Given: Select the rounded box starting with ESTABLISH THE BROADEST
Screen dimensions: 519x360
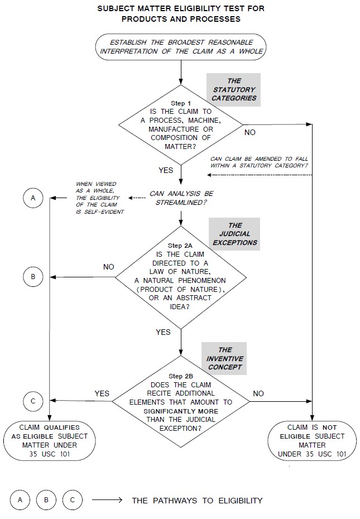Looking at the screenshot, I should [181, 47].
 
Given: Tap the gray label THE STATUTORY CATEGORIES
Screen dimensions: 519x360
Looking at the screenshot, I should [234, 89].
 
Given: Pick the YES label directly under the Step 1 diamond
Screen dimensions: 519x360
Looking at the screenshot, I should [166, 170].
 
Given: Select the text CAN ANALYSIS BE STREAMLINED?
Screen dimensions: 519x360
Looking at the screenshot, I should [181, 198].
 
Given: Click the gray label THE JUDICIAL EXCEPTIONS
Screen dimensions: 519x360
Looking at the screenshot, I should [234, 234].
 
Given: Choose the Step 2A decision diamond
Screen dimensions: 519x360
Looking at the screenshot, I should [180, 277].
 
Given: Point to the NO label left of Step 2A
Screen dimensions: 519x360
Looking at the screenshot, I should [109, 267].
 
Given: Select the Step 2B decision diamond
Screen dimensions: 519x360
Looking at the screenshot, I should [180, 402].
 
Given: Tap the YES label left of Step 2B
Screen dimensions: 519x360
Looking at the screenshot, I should [102, 393].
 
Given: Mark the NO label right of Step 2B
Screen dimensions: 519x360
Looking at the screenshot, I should [258, 393].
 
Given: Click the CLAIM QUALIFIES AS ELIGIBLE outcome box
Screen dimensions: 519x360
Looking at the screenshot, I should [50, 441].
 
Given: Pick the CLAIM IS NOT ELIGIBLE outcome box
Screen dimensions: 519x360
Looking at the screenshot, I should [311, 441].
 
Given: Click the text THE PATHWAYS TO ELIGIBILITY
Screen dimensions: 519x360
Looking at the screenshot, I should [197, 501].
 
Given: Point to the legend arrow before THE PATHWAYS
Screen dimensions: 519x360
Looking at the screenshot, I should [107, 501].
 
